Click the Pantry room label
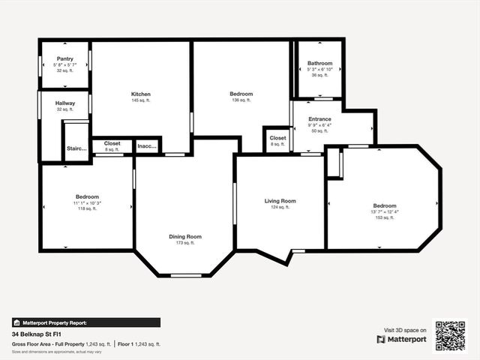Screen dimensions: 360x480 tap(64, 58)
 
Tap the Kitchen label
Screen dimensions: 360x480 tap(141, 94)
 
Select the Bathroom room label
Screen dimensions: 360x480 tap(319, 62)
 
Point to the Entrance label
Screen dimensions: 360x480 tap(319, 118)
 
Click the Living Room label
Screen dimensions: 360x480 tap(280, 200)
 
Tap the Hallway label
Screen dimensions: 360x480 tap(64, 103)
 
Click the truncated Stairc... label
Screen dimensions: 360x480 tap(76, 148)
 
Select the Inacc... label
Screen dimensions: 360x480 tap(147, 145)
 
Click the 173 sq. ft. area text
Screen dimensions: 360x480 tap(184, 243)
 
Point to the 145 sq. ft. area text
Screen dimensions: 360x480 tap(141, 100)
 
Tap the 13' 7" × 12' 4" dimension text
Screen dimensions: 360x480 tap(385, 212)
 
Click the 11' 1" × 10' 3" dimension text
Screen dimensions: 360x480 tap(86, 203)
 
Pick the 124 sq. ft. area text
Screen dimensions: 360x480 tap(280, 207)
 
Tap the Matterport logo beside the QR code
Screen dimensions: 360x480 tap(402, 339)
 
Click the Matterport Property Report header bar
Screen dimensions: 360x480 tap(85, 322)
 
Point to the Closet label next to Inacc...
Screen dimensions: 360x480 tap(112, 142)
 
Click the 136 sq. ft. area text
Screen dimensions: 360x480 tap(241, 100)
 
